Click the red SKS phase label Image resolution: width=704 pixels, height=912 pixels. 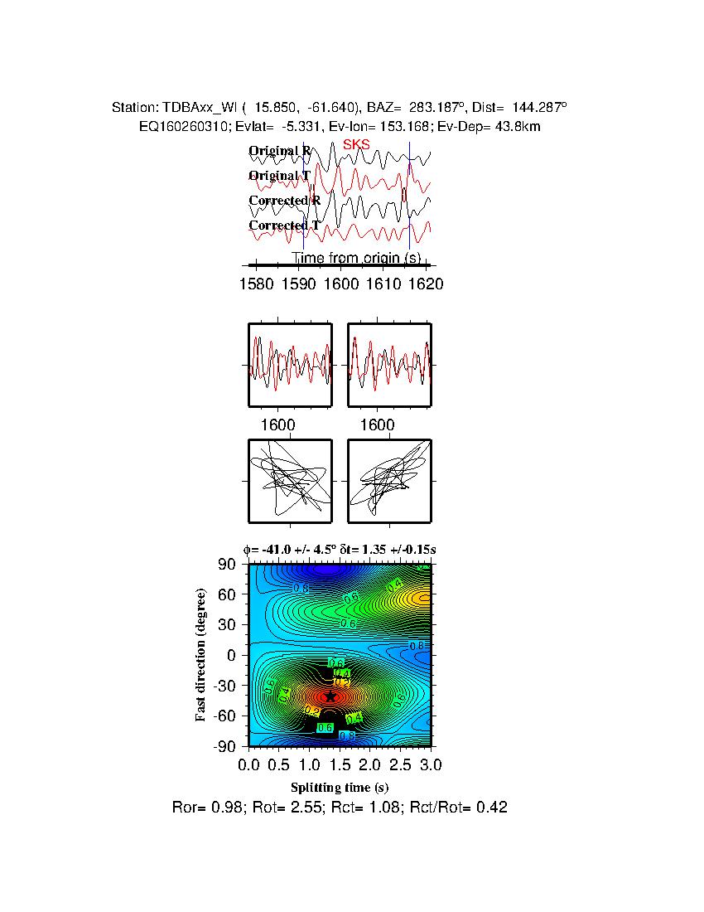coord(356,144)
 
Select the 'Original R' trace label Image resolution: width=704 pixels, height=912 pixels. coord(280,151)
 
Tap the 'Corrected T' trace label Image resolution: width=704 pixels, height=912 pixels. coord(284,226)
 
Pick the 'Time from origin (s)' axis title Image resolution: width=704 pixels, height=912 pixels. coord(356,258)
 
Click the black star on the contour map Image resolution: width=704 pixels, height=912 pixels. coord(330,697)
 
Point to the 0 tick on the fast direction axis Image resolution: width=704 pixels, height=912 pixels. coord(234,655)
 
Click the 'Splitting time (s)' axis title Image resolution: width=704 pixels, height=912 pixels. coord(340,787)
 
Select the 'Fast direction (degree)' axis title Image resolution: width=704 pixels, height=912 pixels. coord(201,655)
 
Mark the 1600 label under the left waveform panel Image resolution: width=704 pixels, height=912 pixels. coord(278,424)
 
